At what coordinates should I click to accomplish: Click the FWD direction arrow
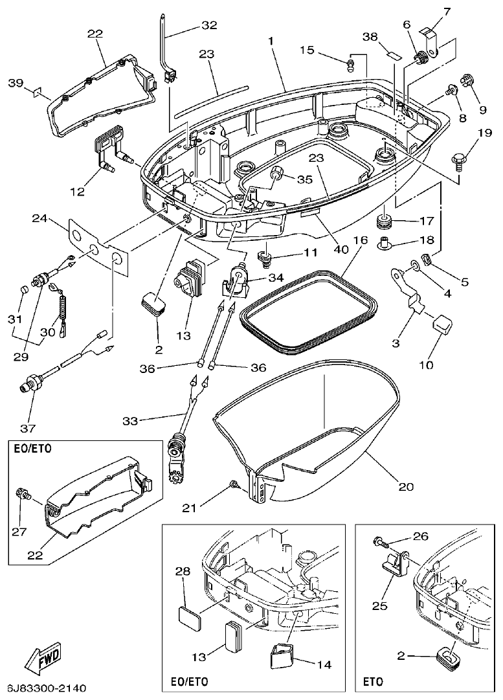[x=44, y=660]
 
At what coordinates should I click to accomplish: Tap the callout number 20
[x=405, y=486]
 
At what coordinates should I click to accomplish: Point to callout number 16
[x=361, y=240]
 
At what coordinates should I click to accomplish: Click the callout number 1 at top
[x=271, y=41]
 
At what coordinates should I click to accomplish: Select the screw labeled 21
[x=232, y=484]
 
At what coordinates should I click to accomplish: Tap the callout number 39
[x=16, y=83]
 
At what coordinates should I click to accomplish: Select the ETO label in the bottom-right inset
[x=373, y=682]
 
